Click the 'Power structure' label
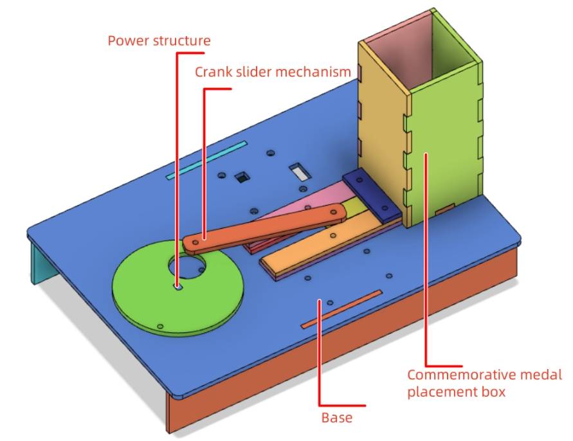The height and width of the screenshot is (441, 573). (x=158, y=41)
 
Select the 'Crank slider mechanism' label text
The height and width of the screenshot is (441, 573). (x=273, y=71)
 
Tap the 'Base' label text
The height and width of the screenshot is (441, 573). (x=336, y=418)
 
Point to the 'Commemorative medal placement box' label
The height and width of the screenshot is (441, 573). (x=484, y=382)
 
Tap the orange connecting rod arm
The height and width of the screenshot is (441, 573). (x=264, y=227)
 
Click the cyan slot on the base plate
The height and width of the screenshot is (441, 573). (x=206, y=159)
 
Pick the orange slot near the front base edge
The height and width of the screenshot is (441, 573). (x=341, y=308)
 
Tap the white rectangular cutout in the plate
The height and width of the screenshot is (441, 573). (x=299, y=172)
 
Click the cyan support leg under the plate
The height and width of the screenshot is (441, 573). (x=42, y=264)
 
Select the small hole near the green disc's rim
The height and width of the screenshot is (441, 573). (x=160, y=326)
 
